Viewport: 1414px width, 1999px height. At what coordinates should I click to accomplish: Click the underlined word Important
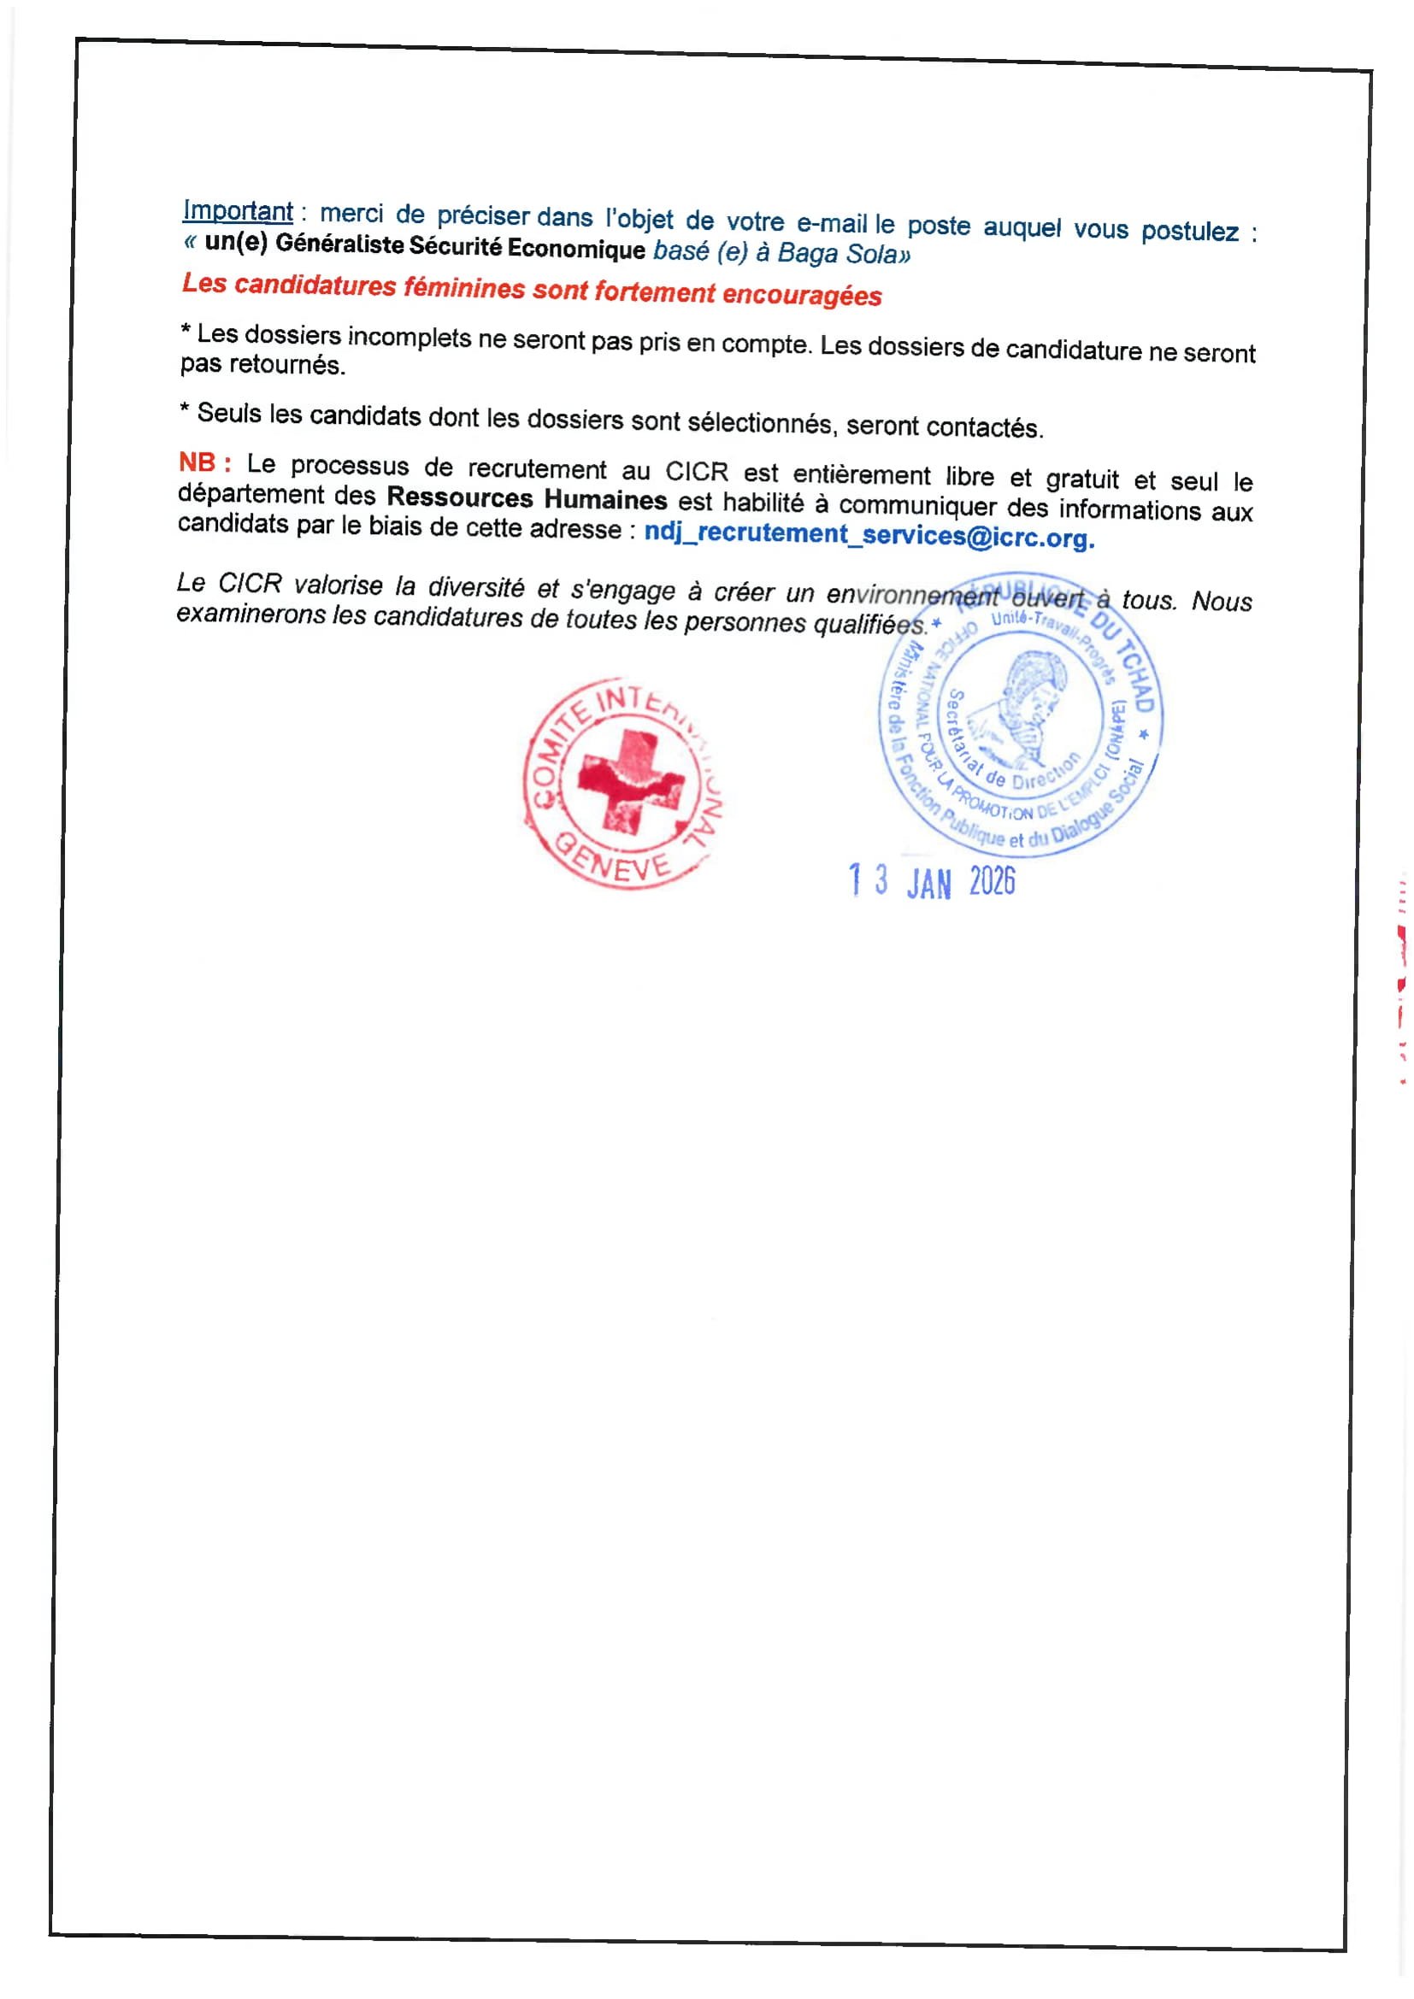click(237, 211)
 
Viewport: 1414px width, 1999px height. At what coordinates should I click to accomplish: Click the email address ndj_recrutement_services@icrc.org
click(868, 534)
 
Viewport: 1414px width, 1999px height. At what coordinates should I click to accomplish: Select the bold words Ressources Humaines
click(526, 499)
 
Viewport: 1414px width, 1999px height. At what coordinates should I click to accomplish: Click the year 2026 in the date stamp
click(992, 882)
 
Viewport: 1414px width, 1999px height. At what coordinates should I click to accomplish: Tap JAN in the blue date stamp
click(928, 885)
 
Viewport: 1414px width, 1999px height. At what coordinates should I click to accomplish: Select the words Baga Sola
click(837, 254)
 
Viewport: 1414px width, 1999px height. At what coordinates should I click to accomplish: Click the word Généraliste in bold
click(339, 244)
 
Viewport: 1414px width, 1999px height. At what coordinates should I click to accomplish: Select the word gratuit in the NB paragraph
click(1081, 479)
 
